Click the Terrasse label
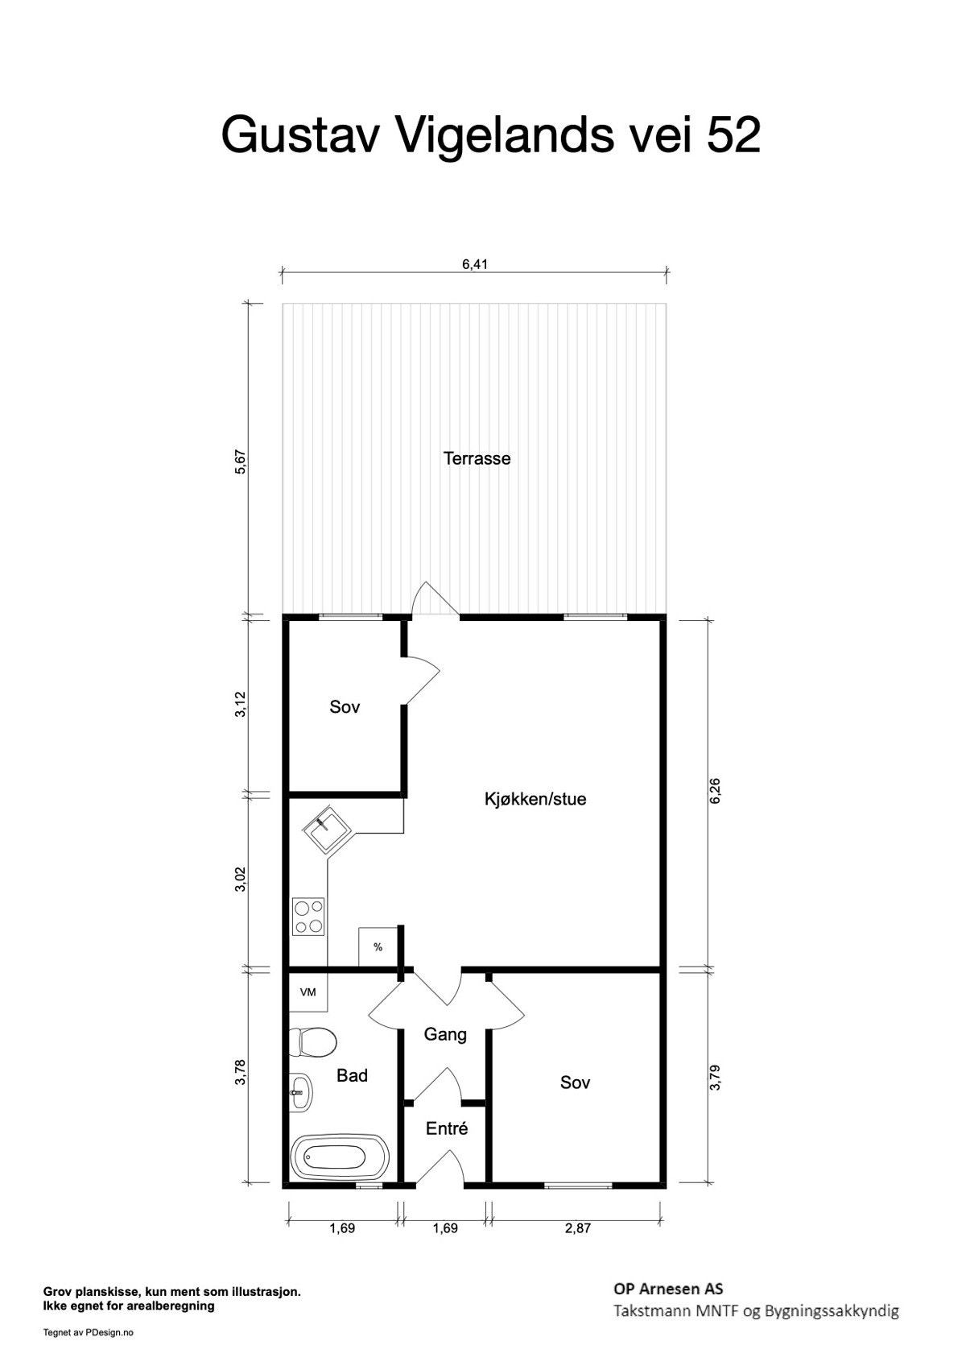477,458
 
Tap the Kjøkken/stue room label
535,799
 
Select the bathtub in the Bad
339,1158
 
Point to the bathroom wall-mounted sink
301,1093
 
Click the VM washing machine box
308,992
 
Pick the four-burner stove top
309,917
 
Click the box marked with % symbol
378,947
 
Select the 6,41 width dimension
475,263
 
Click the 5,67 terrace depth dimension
239,463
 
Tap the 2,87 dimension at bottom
576,1228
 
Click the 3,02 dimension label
239,879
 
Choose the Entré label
446,1128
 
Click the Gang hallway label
445,1034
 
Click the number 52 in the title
733,135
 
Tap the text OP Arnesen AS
667,1288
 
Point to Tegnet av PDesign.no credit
89,1332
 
